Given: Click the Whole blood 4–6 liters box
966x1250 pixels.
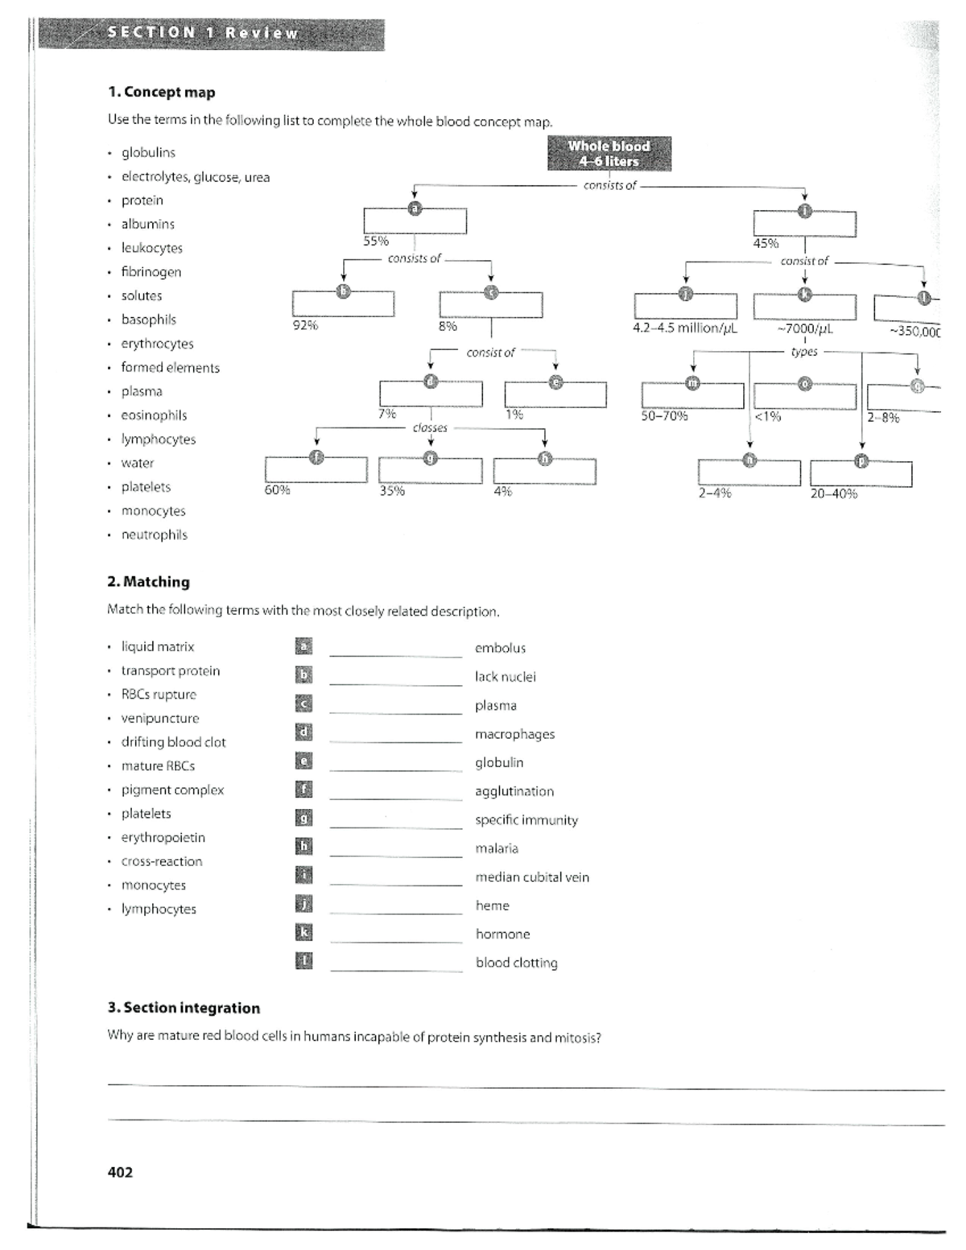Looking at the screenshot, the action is tap(609, 153).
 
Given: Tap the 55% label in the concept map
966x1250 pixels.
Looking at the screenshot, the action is tap(375, 241).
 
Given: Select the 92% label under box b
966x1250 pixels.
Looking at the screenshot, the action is tap(305, 326).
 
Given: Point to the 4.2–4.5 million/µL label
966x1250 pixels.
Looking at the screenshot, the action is tap(685, 328).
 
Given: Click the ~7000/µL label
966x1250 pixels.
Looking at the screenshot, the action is tap(804, 328).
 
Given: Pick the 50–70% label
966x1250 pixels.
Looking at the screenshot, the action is tap(664, 416).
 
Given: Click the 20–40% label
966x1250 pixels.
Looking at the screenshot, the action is tap(833, 493).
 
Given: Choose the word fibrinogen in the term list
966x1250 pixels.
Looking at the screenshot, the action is tap(151, 272).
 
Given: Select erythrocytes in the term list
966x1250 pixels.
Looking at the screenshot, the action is tap(157, 344).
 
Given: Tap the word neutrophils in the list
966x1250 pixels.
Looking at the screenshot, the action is tap(154, 534).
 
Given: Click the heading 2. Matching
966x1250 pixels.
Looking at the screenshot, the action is tap(148, 582).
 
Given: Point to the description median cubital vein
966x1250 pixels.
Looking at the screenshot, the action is tap(532, 877).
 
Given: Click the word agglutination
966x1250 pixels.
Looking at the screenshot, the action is tap(514, 791).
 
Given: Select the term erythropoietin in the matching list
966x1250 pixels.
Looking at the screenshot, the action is tap(163, 837).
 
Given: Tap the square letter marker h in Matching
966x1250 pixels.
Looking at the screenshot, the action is tap(303, 846).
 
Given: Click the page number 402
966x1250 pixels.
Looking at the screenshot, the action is tap(120, 1172).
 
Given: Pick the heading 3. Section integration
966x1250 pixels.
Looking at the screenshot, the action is tap(184, 1008).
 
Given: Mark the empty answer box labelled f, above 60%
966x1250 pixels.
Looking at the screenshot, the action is tap(316, 472).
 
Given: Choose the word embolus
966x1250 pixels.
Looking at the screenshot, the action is tap(500, 648).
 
